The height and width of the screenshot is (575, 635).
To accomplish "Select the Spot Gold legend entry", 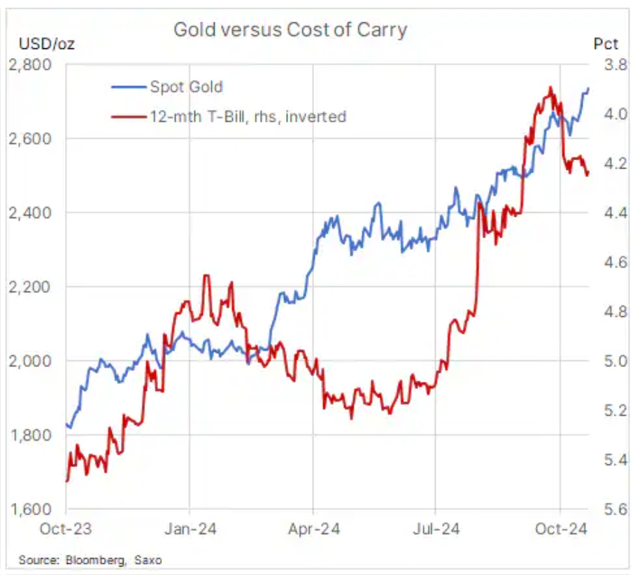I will coord(185,87).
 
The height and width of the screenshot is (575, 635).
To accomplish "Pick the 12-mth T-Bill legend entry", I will coord(247,117).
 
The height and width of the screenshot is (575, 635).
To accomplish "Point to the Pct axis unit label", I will coord(606,44).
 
